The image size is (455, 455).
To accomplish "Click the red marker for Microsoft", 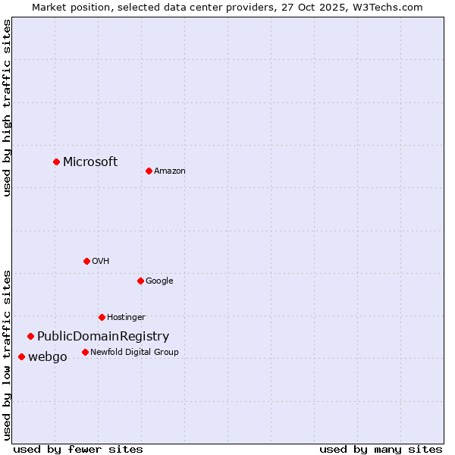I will (56, 162).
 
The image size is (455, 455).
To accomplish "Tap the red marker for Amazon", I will (149, 171).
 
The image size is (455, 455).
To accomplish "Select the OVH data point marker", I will (86, 261).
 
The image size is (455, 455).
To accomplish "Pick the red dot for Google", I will (140, 281).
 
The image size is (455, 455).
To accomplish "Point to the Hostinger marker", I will (102, 317).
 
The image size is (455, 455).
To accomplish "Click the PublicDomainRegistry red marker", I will (30, 336).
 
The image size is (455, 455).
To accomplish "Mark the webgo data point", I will (21, 356).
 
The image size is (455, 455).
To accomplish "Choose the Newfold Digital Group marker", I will (85, 352).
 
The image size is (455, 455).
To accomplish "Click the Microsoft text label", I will (90, 162).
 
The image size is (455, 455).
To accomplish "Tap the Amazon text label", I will (170, 171).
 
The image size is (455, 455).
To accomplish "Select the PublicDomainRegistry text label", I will (103, 336).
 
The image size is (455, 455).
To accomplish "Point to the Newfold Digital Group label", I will (134, 352).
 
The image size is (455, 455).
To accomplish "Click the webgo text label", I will (48, 356).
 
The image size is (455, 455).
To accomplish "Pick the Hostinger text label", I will (126, 317).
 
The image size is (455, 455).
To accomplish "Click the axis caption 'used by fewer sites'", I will (78, 449).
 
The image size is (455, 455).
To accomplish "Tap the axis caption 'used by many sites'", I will (381, 449).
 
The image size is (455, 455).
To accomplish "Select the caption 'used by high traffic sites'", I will (7, 108).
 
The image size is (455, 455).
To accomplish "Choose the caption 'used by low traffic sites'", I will (7, 354).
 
